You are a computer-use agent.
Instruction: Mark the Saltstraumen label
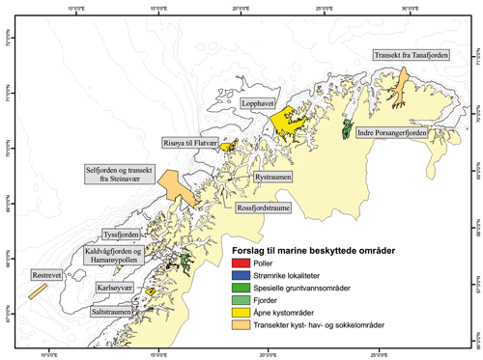tap(115, 314)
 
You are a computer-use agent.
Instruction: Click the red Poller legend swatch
tap(241, 264)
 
